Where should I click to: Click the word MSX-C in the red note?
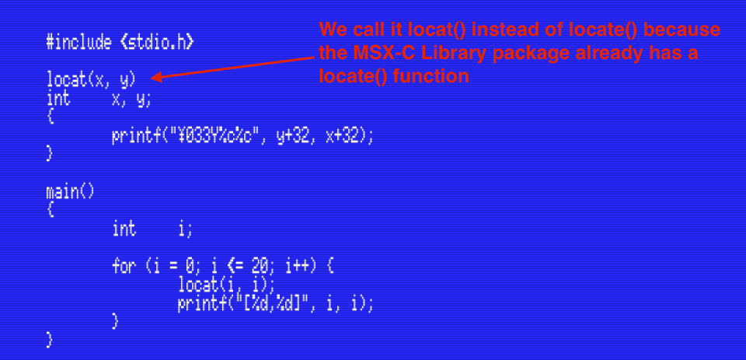[381, 54]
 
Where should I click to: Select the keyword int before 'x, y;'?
[58, 99]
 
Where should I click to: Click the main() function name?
[68, 191]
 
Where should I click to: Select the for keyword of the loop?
[124, 266]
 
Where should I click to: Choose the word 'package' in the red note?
[539, 54]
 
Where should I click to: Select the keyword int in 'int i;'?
[124, 229]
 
